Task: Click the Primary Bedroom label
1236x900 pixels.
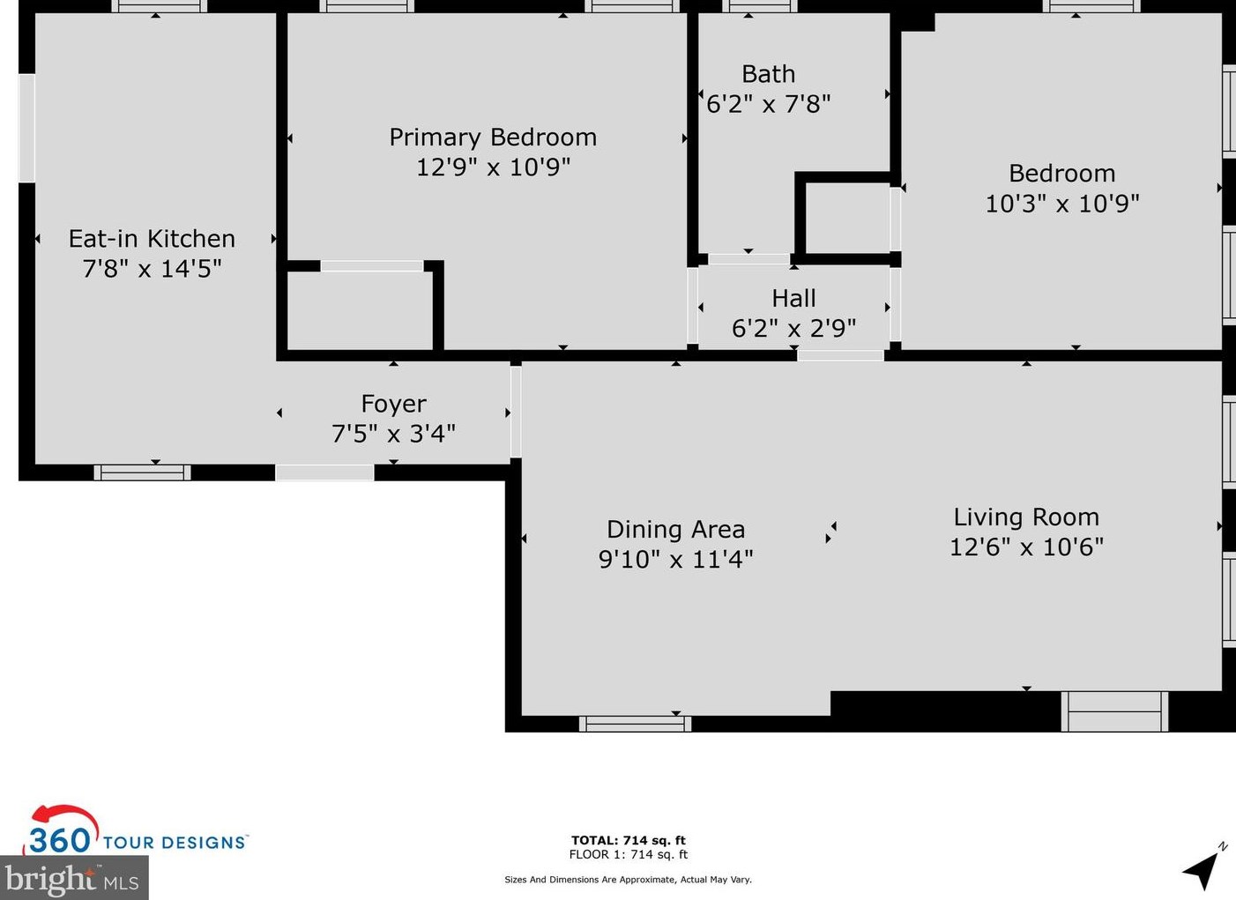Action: pyautogui.click(x=493, y=138)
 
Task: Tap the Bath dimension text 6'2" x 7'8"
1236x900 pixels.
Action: pyautogui.click(x=768, y=105)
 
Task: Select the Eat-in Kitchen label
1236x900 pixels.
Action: pyautogui.click(x=152, y=239)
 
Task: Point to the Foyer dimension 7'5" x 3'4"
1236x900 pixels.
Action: pyautogui.click(x=393, y=434)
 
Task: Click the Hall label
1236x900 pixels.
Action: pyautogui.click(x=793, y=299)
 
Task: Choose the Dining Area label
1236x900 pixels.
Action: pyautogui.click(x=675, y=530)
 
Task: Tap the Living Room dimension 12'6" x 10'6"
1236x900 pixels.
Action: pyautogui.click(x=1026, y=547)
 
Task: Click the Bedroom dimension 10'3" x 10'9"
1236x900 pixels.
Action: pyautogui.click(x=1061, y=204)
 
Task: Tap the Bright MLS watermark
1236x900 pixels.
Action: pyautogui.click(x=72, y=879)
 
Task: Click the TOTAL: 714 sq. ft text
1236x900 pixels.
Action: pyautogui.click(x=628, y=840)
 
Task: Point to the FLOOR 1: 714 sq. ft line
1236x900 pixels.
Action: pyautogui.click(x=628, y=854)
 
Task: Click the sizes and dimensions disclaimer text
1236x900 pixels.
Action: pyautogui.click(x=628, y=880)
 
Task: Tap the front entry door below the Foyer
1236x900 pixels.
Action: pyautogui.click(x=324, y=473)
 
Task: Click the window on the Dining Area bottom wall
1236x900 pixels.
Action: pyautogui.click(x=635, y=724)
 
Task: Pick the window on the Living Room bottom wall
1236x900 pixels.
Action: pyautogui.click(x=1114, y=711)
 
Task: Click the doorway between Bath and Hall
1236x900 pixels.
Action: pyautogui.click(x=748, y=259)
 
